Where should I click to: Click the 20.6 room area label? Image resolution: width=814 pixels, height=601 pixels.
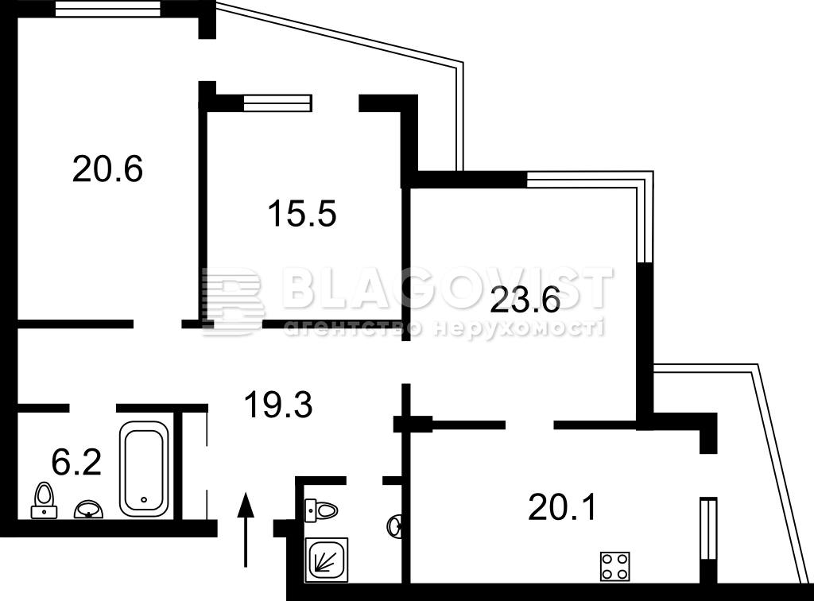107,169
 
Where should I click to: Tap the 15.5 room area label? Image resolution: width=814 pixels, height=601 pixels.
302,214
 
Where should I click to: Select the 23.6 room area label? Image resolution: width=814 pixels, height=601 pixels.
525,300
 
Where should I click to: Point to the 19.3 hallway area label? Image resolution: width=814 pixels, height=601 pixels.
278,405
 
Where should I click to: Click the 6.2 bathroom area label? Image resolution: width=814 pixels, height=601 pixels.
76,462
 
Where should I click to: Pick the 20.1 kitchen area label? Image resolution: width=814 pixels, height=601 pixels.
563,507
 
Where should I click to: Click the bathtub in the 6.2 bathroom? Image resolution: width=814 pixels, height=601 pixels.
145,469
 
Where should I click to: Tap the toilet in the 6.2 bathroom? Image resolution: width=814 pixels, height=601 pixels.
45,501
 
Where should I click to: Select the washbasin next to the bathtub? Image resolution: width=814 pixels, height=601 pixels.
88,509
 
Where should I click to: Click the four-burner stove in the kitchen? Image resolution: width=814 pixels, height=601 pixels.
615,566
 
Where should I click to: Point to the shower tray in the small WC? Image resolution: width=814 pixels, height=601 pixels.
327,559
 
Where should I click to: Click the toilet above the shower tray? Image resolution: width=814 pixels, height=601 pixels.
321,510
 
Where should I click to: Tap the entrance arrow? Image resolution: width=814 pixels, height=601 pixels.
246,530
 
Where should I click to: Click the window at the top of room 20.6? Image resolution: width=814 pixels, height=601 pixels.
108,9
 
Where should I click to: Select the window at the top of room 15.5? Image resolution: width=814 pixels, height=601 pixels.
277,103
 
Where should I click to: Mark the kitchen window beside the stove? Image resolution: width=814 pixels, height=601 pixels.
708,529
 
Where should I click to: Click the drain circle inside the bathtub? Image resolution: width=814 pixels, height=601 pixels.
145,500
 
